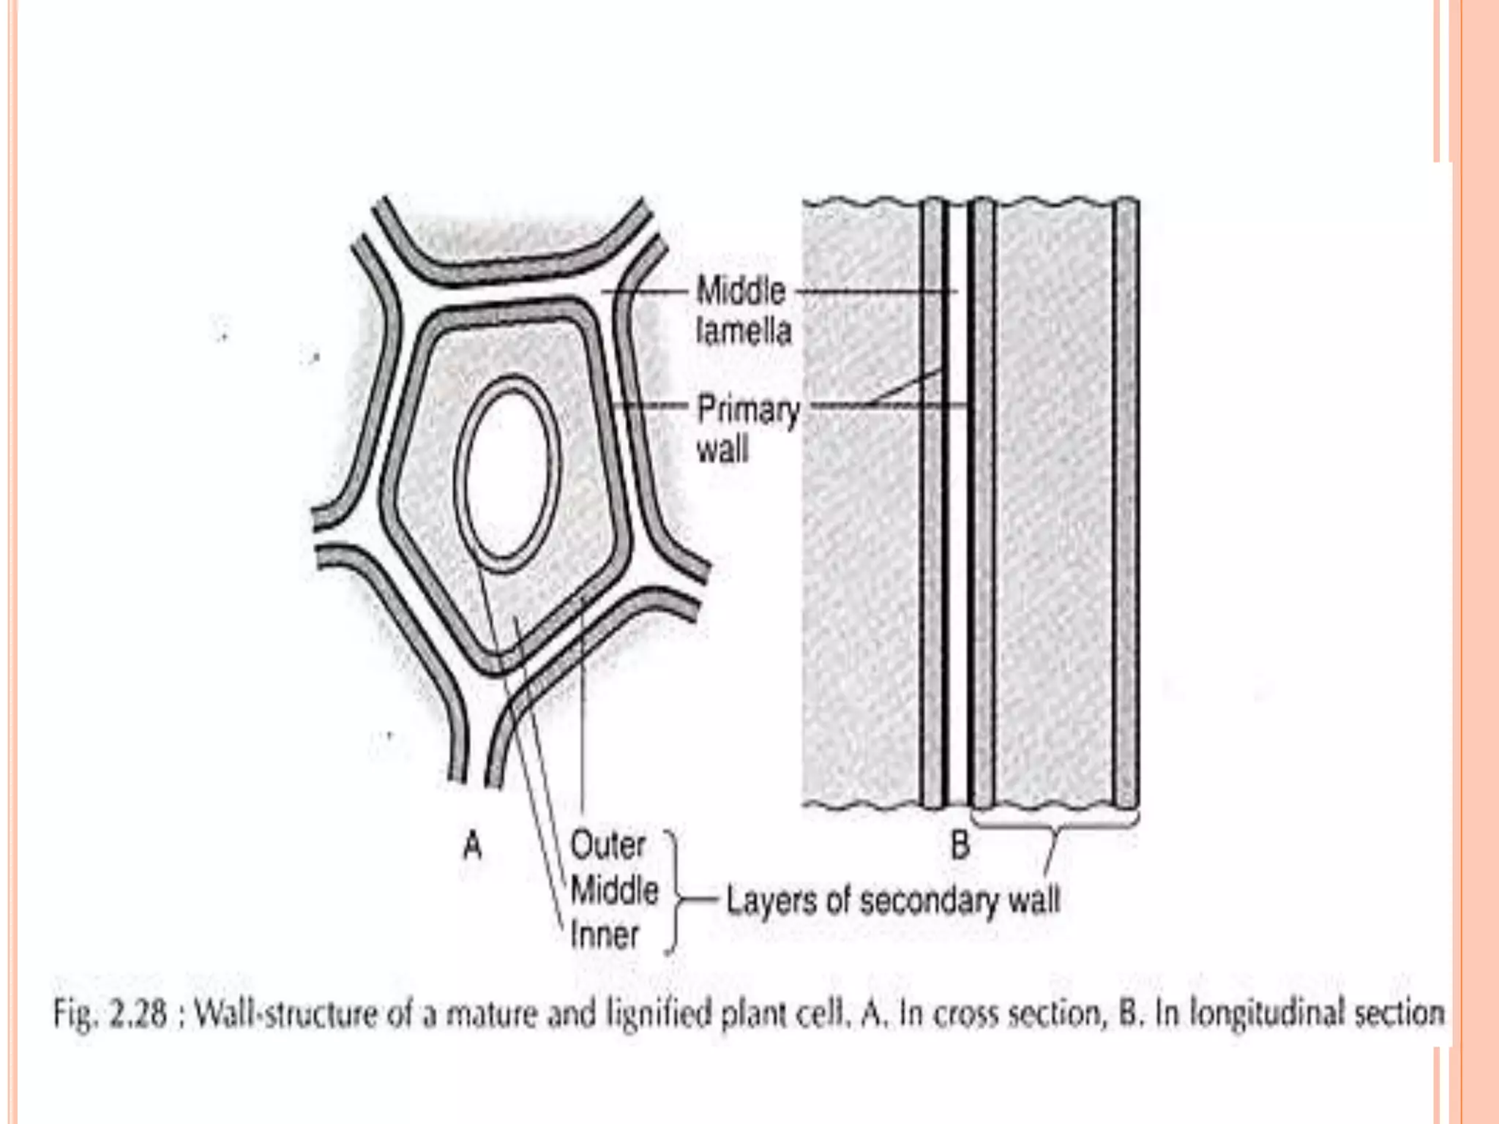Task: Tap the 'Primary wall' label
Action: (747, 429)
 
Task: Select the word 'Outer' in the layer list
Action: (607, 846)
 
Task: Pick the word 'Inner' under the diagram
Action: (605, 935)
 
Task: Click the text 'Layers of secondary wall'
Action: (892, 901)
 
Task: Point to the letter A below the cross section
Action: (473, 847)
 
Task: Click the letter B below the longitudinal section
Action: (960, 845)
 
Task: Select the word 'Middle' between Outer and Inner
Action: (614, 891)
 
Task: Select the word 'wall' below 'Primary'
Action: (722, 449)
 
